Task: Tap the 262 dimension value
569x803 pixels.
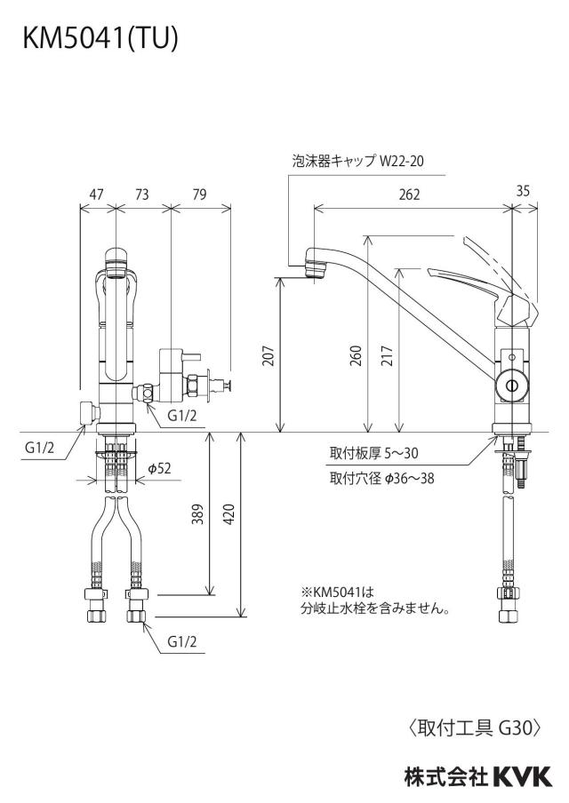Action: click(x=409, y=195)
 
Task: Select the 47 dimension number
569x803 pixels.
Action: click(x=96, y=195)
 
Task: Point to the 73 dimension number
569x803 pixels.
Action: click(x=142, y=195)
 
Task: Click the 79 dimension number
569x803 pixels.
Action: click(x=199, y=195)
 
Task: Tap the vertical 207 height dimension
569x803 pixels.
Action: click(x=268, y=356)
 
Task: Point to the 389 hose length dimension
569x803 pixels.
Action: click(x=197, y=514)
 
